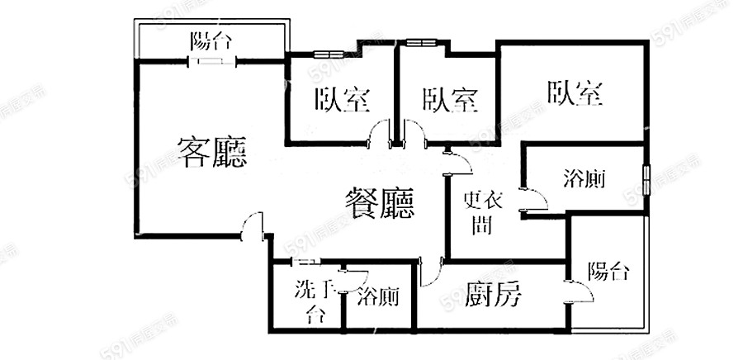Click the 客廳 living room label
212,152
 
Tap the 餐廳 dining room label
379,202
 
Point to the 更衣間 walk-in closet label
478,212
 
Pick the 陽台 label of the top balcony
211,40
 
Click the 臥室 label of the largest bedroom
573,92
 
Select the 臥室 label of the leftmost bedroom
341,100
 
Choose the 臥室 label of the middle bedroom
450,100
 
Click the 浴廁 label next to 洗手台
378,296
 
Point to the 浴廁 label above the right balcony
584,178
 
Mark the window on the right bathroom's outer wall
646,178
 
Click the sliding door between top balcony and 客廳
211,61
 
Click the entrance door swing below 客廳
253,226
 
